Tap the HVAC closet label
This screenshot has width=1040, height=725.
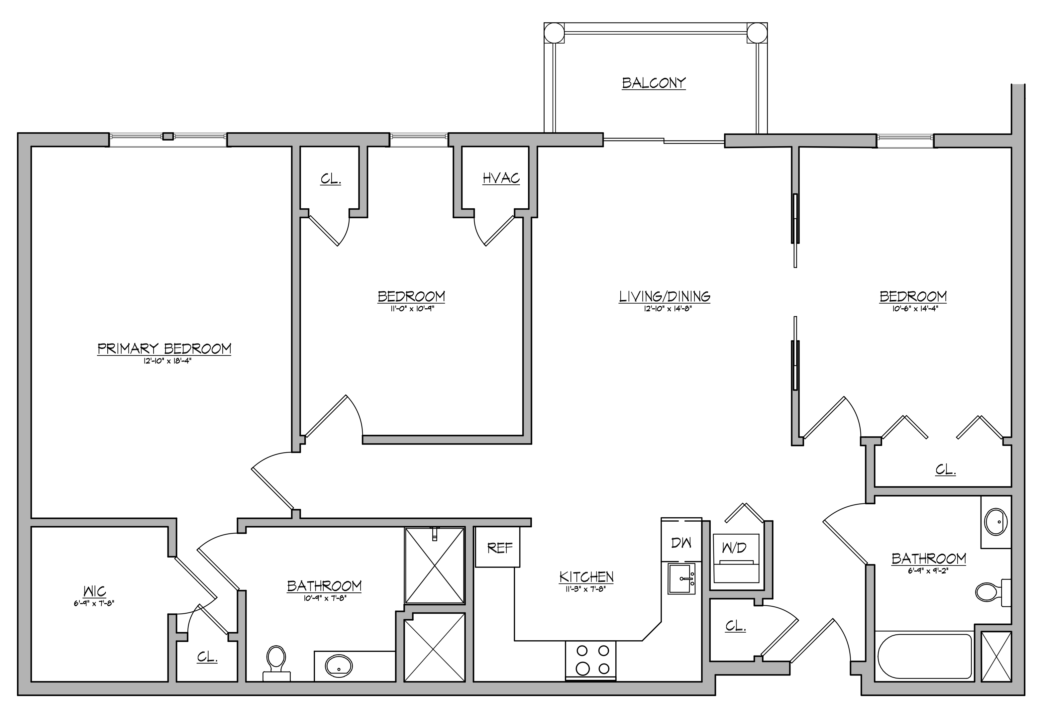click(501, 178)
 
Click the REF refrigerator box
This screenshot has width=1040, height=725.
click(497, 547)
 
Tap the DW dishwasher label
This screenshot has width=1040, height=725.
click(681, 543)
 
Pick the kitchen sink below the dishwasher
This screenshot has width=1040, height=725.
click(681, 578)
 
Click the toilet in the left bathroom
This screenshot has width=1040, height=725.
click(276, 663)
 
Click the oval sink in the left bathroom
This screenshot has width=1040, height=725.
click(339, 666)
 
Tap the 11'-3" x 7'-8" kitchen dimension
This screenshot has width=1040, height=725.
click(586, 589)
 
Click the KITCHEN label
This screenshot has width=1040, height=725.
click(586, 577)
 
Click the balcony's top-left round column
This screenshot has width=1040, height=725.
click(554, 33)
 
